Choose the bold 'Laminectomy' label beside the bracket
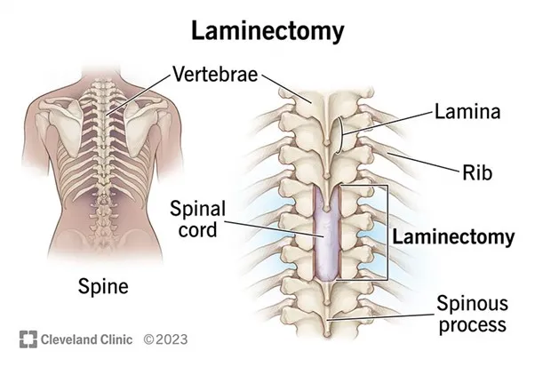pyautogui.click(x=453, y=237)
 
